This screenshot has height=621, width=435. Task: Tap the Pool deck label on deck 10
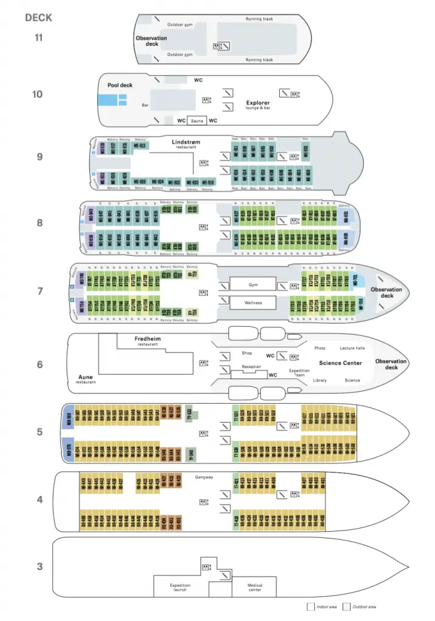(x=120, y=86)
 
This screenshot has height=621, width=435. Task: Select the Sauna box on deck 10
(x=197, y=121)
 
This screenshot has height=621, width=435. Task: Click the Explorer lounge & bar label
(x=258, y=104)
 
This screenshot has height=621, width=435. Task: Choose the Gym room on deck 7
(x=253, y=284)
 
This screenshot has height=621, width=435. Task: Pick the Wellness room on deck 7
(x=253, y=301)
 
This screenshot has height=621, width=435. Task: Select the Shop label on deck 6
(x=246, y=353)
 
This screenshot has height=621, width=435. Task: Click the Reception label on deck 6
(x=251, y=367)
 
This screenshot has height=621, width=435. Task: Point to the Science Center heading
(x=340, y=363)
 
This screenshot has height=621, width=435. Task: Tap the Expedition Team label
(x=300, y=372)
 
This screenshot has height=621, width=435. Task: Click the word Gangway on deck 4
(x=204, y=477)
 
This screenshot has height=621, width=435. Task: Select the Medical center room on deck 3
(x=255, y=587)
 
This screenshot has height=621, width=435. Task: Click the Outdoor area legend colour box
(x=346, y=606)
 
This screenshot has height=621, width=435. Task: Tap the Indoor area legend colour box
(x=311, y=606)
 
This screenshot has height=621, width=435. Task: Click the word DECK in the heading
(x=39, y=17)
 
